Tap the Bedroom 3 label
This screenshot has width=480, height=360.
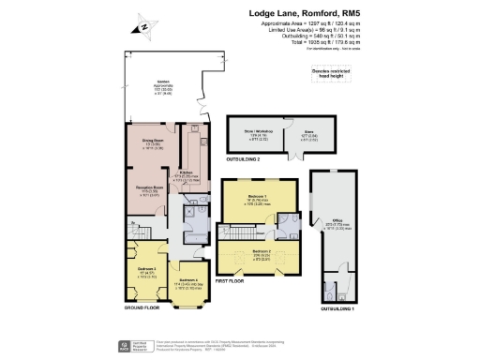pos(146,272)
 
